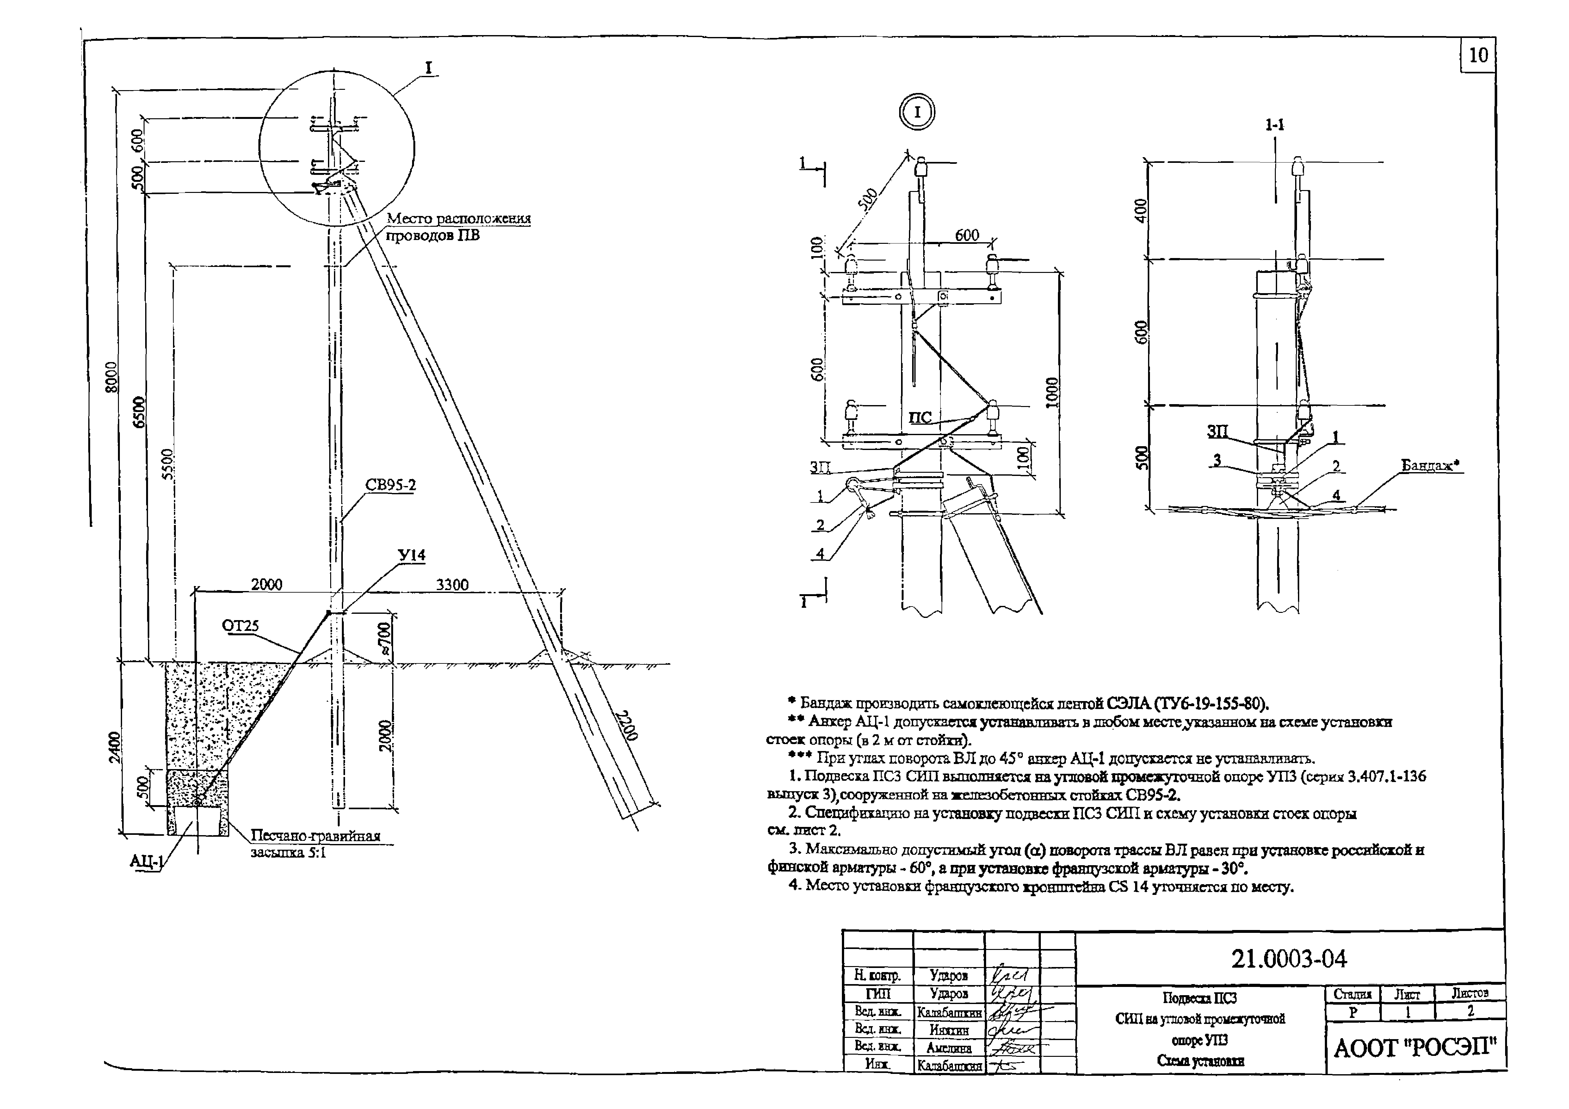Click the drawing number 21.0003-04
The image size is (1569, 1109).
pos(1289,959)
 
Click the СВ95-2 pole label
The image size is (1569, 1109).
pos(390,485)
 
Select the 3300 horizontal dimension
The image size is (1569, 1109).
pos(452,584)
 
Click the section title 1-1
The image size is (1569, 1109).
pos(1275,125)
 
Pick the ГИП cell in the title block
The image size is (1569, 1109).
pos(877,994)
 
